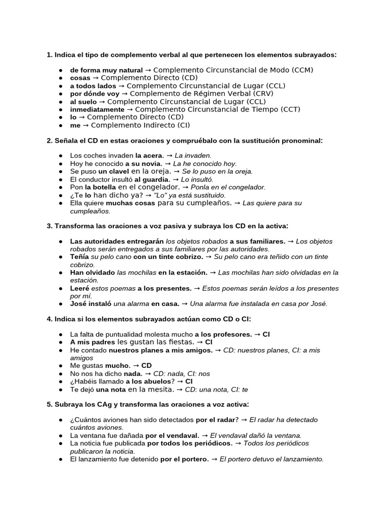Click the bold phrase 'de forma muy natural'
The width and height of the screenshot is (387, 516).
[106, 70]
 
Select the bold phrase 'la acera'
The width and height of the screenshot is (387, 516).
[150, 156]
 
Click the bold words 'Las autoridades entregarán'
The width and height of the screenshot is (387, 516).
[117, 241]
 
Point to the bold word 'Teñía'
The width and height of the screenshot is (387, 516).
[80, 257]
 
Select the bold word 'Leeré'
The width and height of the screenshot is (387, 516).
[80, 288]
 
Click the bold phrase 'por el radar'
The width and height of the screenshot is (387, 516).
[215, 420]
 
